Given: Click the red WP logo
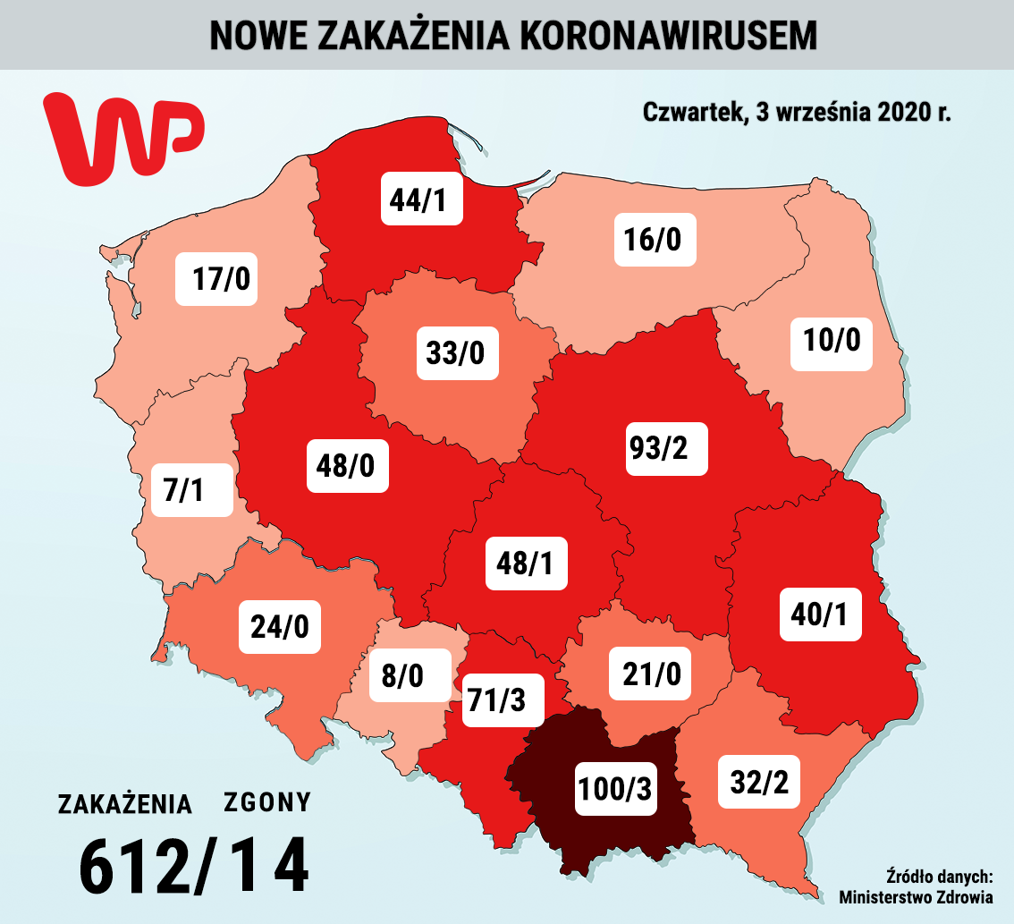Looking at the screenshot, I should point(124,139).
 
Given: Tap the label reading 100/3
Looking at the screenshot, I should point(614,786).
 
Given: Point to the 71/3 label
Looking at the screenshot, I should point(503,699).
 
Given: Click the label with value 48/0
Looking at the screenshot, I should point(348,465).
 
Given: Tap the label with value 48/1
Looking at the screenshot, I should point(527,562).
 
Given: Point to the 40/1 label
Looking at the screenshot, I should point(821,614).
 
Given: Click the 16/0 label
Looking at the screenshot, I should point(655,239).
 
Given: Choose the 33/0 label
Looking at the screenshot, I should point(456,352).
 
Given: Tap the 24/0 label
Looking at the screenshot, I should point(279,626).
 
